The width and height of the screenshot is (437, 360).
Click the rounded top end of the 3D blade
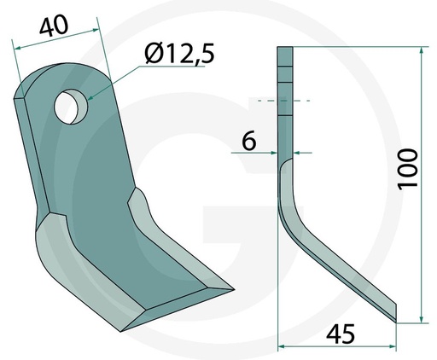tap(64, 73)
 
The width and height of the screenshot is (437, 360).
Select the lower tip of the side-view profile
tap(394, 320)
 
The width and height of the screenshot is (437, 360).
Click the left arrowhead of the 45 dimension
tap(283, 345)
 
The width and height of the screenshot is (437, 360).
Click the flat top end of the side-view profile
tap(285, 50)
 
